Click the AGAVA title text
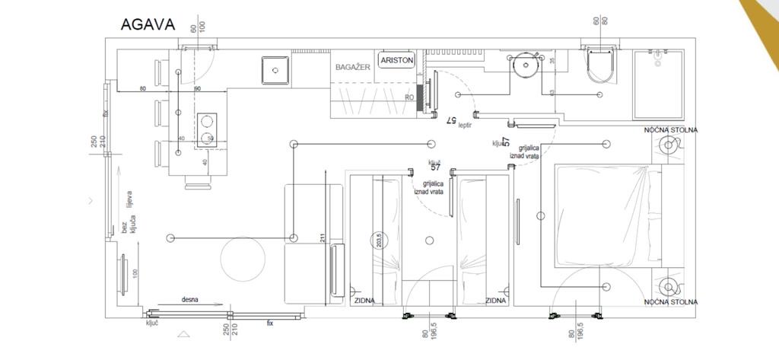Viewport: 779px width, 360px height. coord(148,24)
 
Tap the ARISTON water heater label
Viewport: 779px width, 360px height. coord(396,60)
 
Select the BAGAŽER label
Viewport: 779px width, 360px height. coord(352,67)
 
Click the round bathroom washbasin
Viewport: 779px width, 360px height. coord(525,65)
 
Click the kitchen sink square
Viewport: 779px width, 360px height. coord(274,70)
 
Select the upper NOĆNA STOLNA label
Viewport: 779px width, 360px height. coord(670,130)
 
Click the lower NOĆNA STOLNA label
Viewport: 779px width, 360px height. coord(670,302)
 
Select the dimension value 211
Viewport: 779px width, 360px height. coord(323,237)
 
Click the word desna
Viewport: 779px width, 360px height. coord(189,300)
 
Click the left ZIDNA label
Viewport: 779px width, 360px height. coord(364,301)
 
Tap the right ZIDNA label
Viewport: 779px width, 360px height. coord(495,301)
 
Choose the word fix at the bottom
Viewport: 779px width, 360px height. coord(269,323)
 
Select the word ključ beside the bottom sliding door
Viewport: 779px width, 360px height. coord(152,323)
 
